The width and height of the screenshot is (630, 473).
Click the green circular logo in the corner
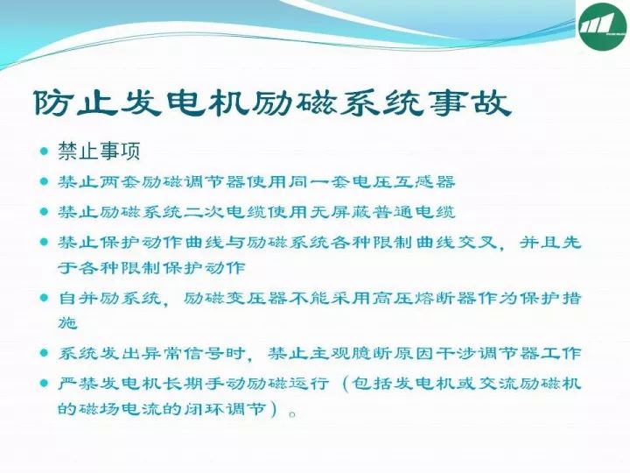coord(603,26)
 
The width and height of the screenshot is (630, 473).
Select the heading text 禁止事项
coord(99,152)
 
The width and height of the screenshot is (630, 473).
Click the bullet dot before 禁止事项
coord(45,152)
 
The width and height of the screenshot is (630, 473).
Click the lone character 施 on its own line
coord(68,322)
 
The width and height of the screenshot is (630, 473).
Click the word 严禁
coord(79,384)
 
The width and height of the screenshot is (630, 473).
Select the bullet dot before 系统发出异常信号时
coord(45,354)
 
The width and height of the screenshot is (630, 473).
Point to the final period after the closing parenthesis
coord(292,413)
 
